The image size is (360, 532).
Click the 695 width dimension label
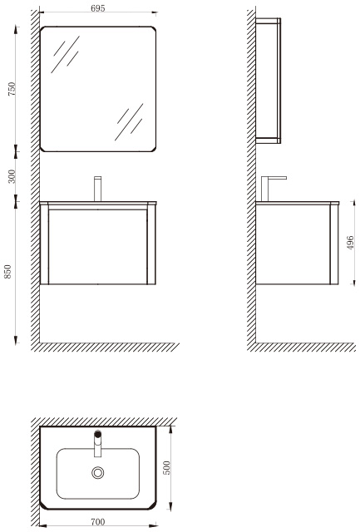(x=98, y=8)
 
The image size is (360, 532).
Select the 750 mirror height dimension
(x=12, y=89)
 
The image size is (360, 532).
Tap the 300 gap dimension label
(x=12, y=176)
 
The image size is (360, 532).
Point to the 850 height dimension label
(x=7, y=272)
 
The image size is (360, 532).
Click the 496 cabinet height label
(x=350, y=243)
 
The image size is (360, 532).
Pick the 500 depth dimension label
(x=167, y=467)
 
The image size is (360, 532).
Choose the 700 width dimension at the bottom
(x=98, y=521)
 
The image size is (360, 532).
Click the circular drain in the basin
(x=98, y=472)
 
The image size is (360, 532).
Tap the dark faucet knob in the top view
(x=98, y=434)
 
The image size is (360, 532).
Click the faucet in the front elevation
(x=98, y=189)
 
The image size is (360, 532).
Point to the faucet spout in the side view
(x=274, y=178)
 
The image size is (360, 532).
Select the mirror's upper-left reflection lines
(x=66, y=54)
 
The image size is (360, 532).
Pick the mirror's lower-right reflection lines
(x=129, y=122)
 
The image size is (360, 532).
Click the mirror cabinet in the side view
(x=268, y=81)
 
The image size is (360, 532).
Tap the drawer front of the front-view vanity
(x=98, y=246)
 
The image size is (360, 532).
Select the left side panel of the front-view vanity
(x=44, y=244)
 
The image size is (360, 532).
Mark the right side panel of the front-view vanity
(x=151, y=244)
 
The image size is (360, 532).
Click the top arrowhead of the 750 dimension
(x=16, y=30)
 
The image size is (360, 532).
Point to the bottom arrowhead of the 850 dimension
(x=16, y=340)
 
